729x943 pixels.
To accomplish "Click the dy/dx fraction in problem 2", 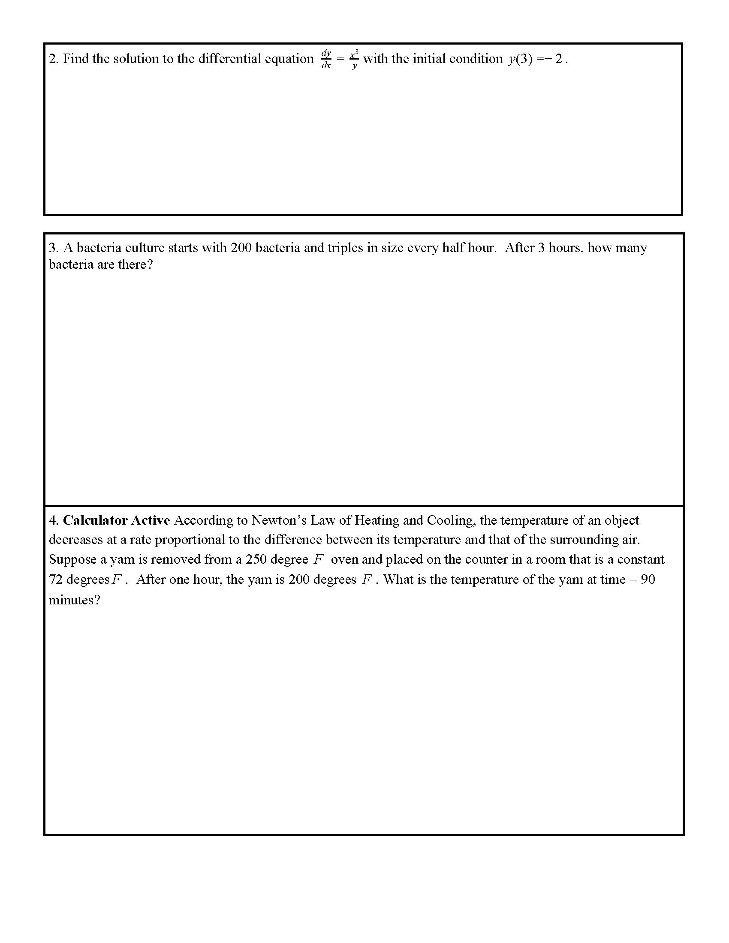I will [x=325, y=59].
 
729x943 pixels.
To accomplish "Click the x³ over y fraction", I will [x=354, y=59].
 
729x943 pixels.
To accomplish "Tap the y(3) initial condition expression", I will [x=520, y=59].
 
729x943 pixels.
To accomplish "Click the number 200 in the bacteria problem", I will [x=241, y=248].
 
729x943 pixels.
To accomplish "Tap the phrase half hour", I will [x=470, y=248].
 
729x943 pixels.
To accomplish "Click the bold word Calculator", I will [x=95, y=520].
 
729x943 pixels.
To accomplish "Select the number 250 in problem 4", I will [x=256, y=559].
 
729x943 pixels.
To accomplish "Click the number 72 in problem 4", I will [x=56, y=580].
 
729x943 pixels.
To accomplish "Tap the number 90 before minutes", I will [x=648, y=580].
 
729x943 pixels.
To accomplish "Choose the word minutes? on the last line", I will [x=74, y=600].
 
